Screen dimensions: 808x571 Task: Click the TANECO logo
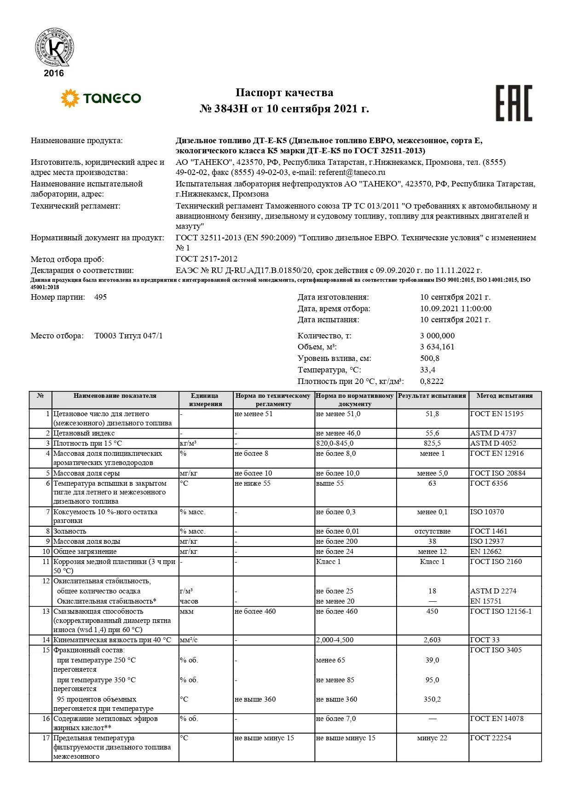click(x=101, y=98)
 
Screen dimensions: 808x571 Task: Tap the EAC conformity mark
click(x=513, y=103)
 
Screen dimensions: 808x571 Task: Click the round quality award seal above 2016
click(x=54, y=47)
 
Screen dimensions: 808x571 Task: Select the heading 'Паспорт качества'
click(x=284, y=93)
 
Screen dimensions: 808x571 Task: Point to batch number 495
click(x=100, y=297)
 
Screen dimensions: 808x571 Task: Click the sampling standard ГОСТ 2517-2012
click(x=207, y=259)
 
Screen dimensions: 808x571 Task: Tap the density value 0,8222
click(x=432, y=381)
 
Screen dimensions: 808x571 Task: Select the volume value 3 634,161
click(x=437, y=347)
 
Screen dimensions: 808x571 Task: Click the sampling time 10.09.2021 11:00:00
click(x=456, y=308)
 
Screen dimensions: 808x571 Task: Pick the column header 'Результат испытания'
click(x=432, y=395)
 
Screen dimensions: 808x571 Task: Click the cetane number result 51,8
click(x=432, y=414)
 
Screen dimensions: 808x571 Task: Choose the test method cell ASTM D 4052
click(x=493, y=443)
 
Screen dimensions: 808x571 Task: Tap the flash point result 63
click(x=432, y=483)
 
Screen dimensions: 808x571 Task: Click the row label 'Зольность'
click(x=69, y=531)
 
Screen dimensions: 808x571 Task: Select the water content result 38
click(x=432, y=541)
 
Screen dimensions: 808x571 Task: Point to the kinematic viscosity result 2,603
click(x=432, y=640)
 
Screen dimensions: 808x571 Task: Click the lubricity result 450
click(x=432, y=611)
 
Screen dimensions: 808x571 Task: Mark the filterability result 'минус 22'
click(x=432, y=738)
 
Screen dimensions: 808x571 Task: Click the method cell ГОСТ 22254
click(x=490, y=738)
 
